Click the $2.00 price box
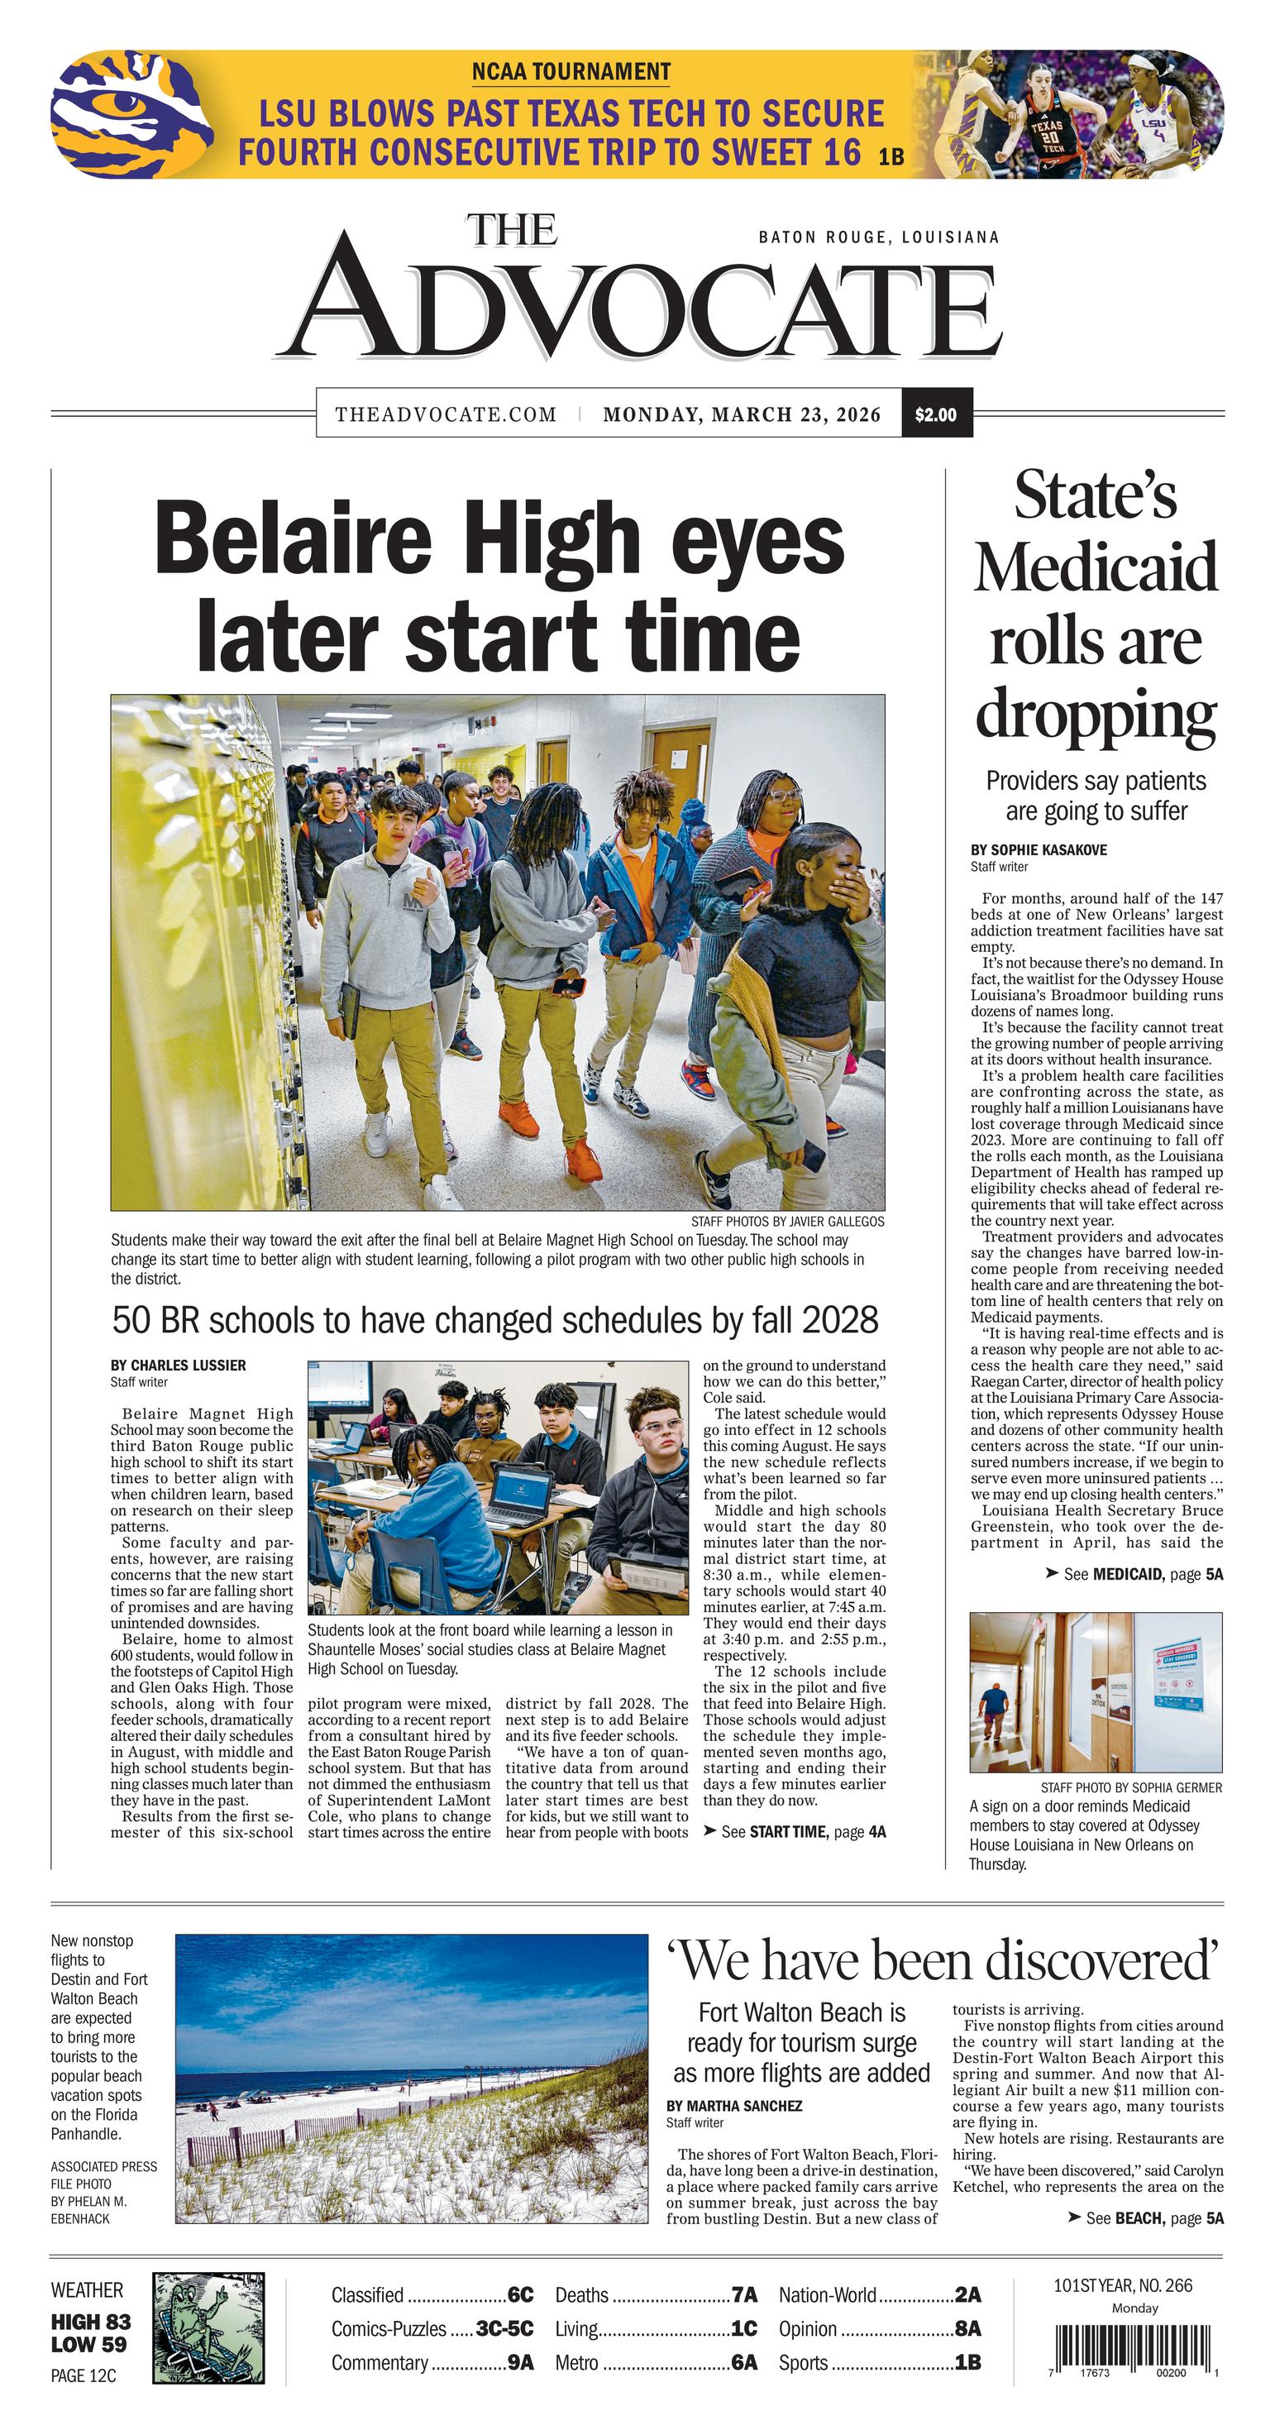click(936, 414)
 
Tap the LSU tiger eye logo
click(119, 114)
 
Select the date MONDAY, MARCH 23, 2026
click(741, 414)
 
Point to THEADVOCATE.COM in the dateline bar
click(445, 414)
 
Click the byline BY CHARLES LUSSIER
click(178, 1365)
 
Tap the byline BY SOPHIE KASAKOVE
click(1038, 849)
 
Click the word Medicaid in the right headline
click(1096, 568)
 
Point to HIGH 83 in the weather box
click(91, 2322)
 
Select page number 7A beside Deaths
click(744, 2294)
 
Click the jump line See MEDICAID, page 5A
click(1134, 1574)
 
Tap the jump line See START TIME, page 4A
click(794, 1832)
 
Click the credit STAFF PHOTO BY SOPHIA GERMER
click(1130, 1787)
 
